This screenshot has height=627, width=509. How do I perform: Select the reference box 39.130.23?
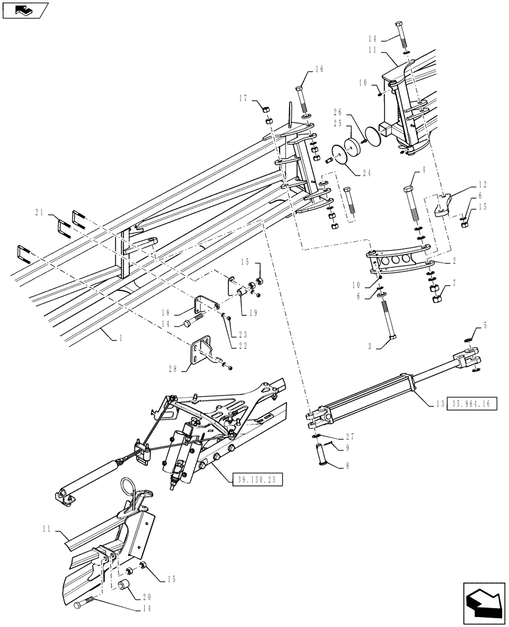click(258, 480)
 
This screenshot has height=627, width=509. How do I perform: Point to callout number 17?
click(243, 98)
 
